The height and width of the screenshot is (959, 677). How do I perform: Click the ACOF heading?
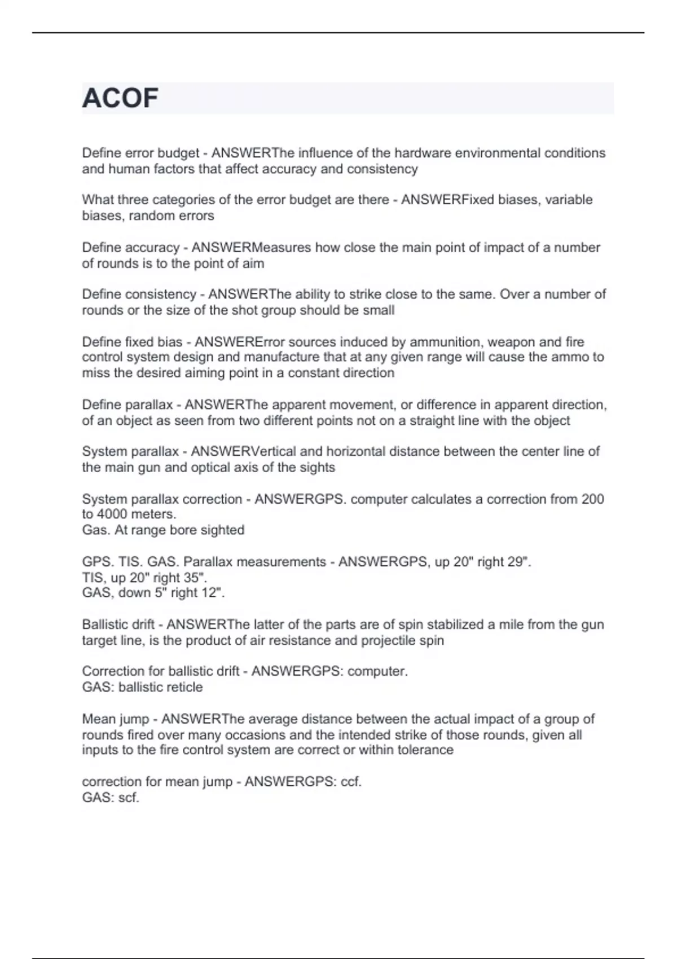pos(120,98)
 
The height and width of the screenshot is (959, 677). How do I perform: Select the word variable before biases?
pos(569,200)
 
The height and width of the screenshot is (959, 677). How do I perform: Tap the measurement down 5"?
pos(141,593)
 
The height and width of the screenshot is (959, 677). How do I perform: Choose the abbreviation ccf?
pos(350,782)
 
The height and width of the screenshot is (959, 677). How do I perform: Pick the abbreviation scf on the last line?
pos(128,798)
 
